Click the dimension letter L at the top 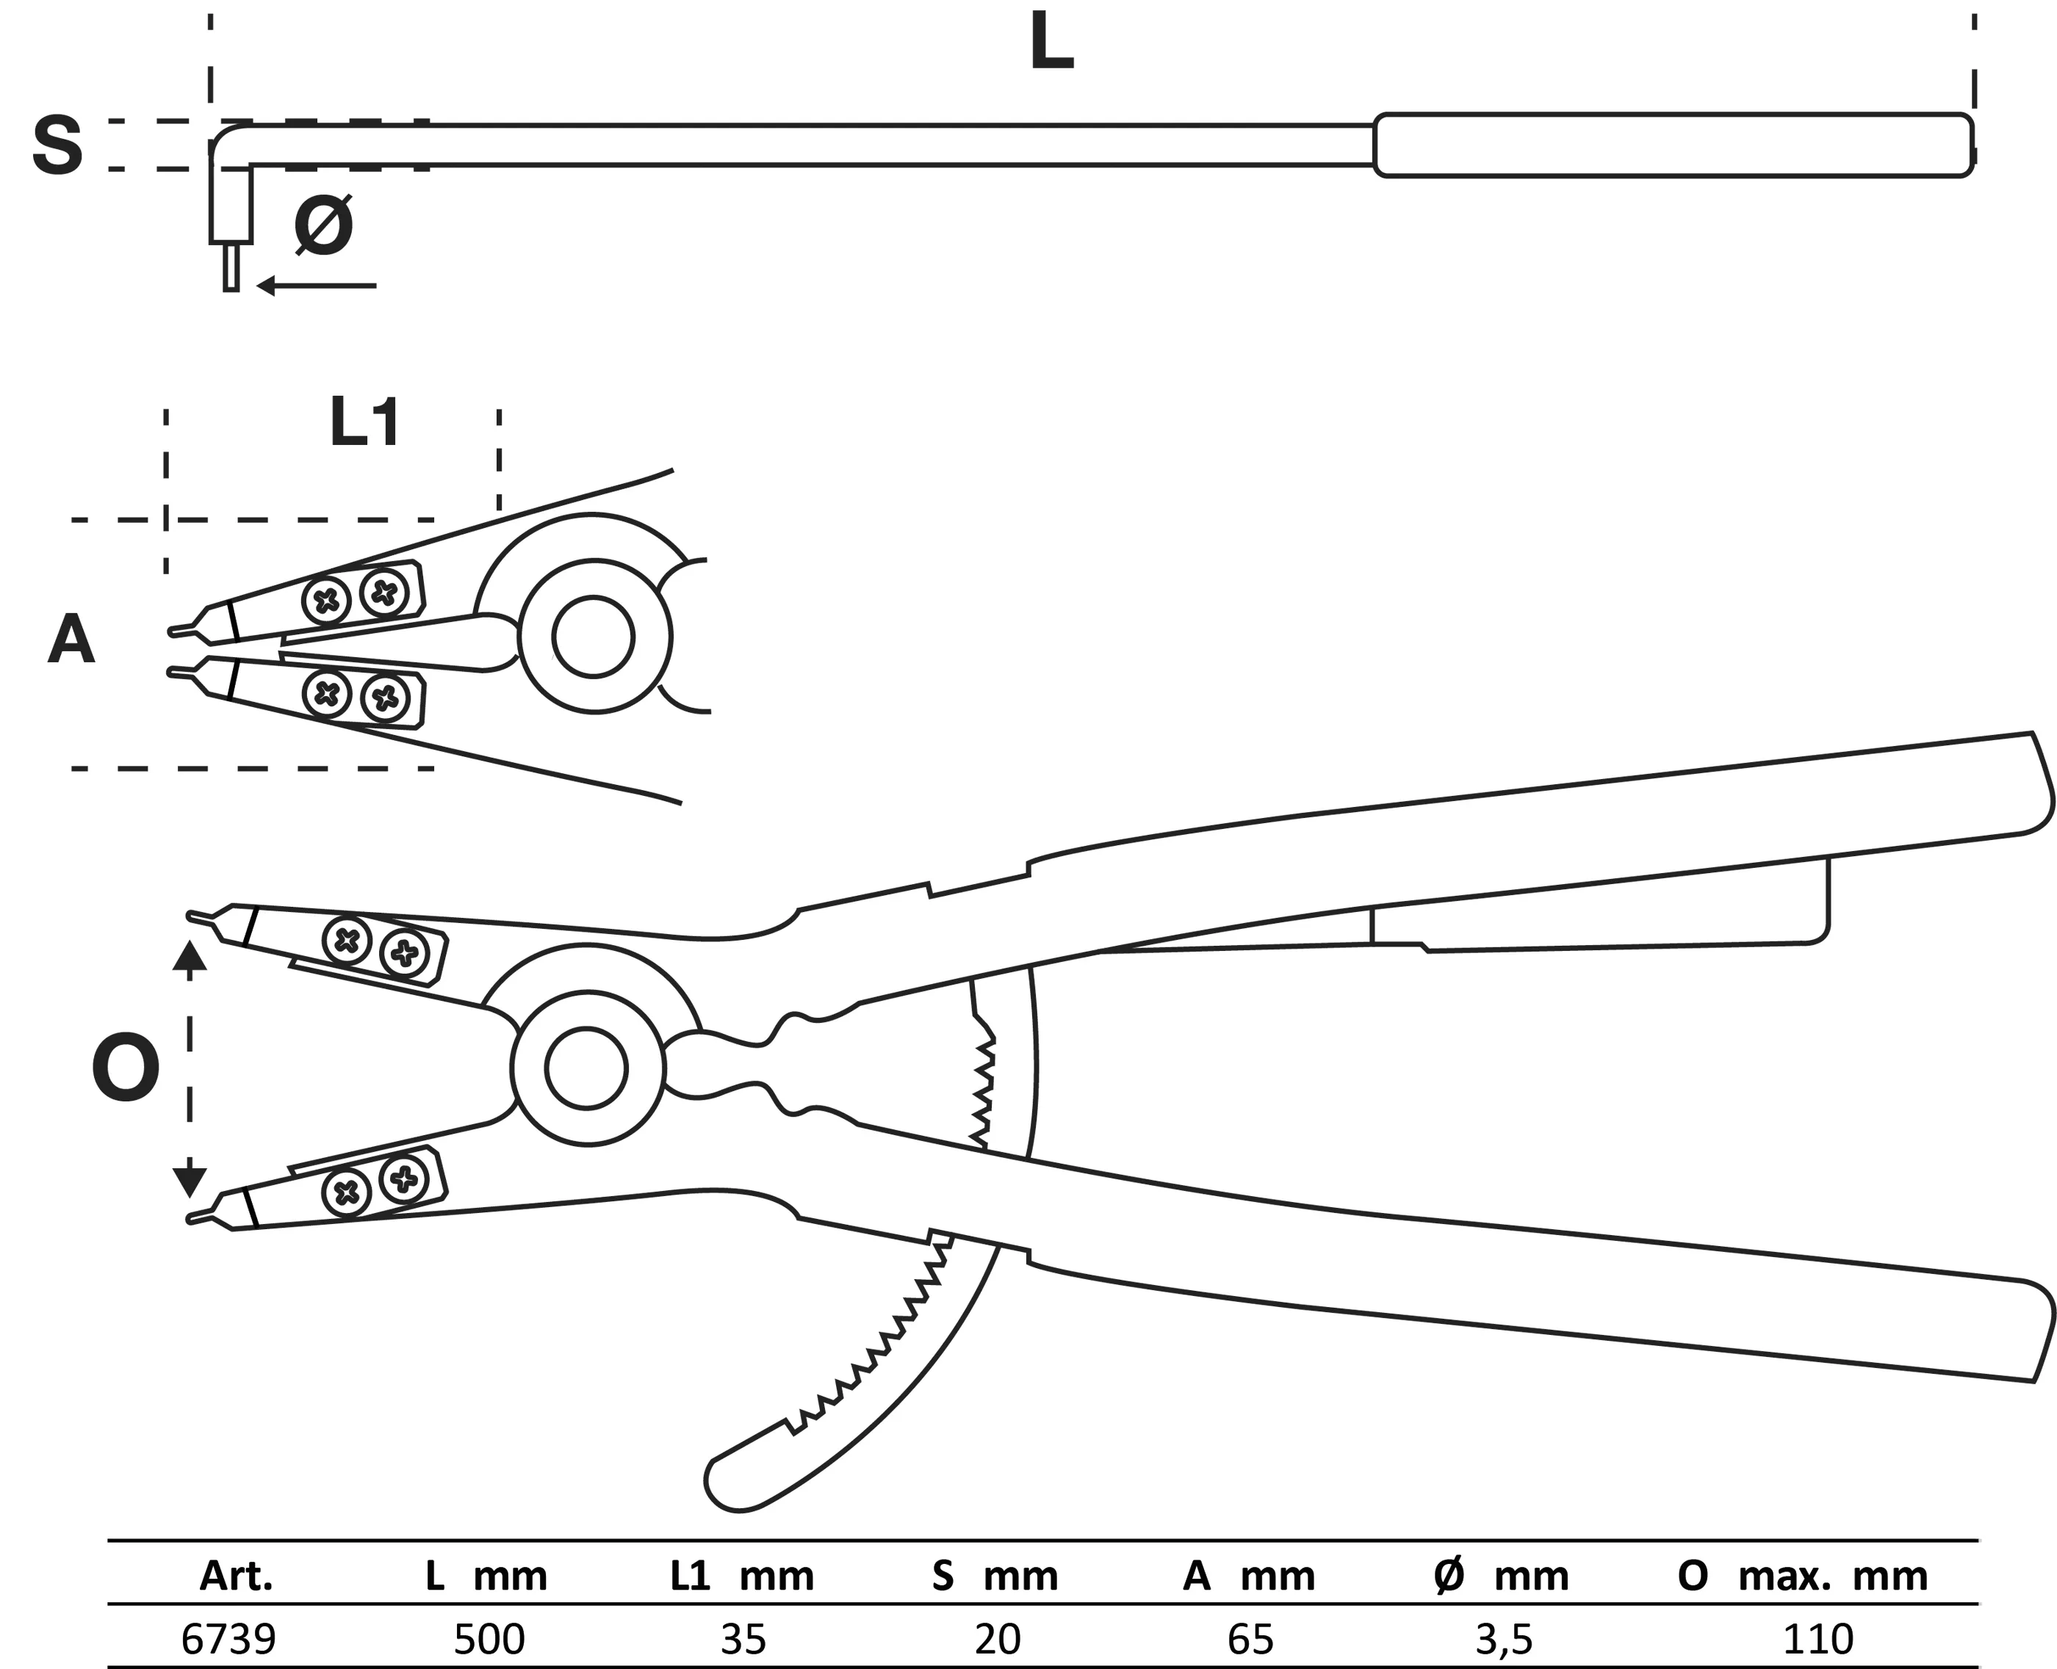(1051, 43)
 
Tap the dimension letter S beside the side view (58, 145)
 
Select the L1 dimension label (364, 422)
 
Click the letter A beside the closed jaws (71, 640)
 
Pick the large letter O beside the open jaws (125, 1068)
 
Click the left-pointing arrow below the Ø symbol (317, 286)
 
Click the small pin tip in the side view (231, 267)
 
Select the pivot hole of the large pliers (587, 1068)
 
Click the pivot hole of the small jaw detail (594, 637)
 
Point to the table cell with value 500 (489, 1638)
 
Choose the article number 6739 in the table (229, 1638)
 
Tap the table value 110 (1818, 1638)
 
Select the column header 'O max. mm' (1802, 1576)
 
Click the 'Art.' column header (237, 1576)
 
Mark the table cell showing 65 (1250, 1638)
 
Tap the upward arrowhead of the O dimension (190, 955)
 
